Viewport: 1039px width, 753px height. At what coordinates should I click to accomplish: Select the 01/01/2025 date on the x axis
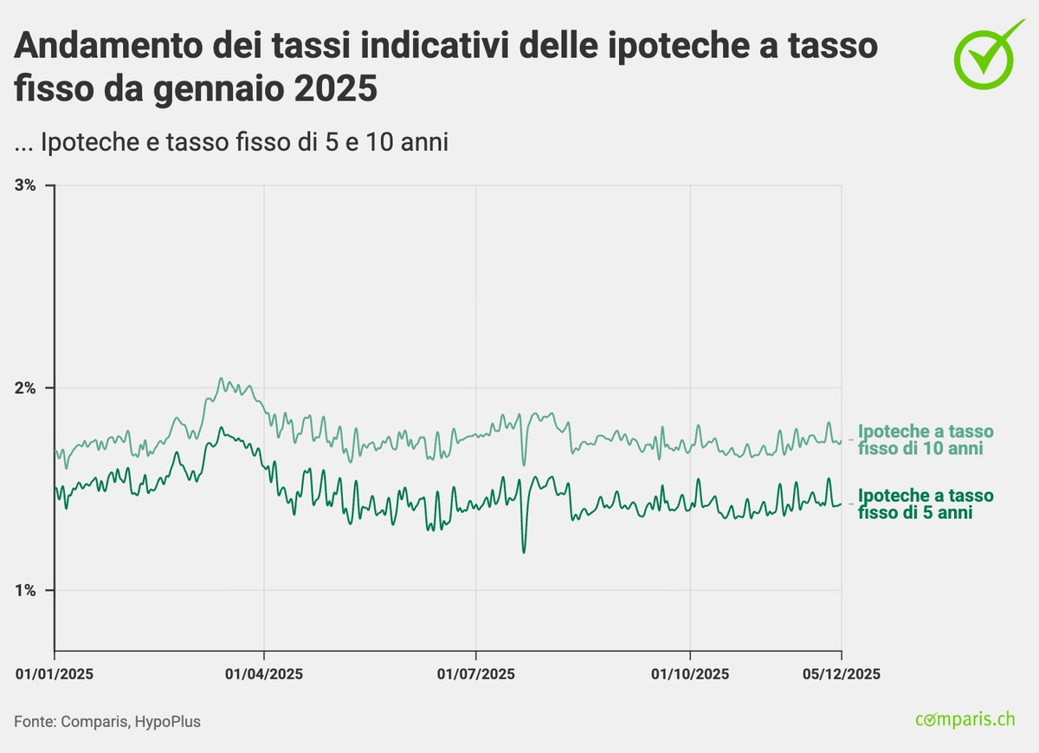pyautogui.click(x=54, y=673)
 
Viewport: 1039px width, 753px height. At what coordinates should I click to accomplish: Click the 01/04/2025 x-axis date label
pyautogui.click(x=264, y=673)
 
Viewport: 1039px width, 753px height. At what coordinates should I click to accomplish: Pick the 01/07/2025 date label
pyautogui.click(x=475, y=673)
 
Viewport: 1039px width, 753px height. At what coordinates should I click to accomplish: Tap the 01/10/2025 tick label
pyautogui.click(x=689, y=673)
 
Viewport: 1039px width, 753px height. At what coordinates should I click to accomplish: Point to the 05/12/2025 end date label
pyautogui.click(x=842, y=673)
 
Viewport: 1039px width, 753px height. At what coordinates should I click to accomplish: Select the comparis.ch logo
pyautogui.click(x=965, y=718)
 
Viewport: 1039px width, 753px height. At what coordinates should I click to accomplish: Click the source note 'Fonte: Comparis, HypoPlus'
pyautogui.click(x=107, y=720)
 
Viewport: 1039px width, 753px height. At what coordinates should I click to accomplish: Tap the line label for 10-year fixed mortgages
pyautogui.click(x=925, y=439)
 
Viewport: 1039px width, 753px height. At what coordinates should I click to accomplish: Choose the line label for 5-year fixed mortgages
pyautogui.click(x=925, y=503)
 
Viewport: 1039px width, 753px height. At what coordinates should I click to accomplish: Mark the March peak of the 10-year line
pyautogui.click(x=221, y=378)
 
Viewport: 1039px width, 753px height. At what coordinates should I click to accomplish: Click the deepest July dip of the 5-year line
pyautogui.click(x=524, y=552)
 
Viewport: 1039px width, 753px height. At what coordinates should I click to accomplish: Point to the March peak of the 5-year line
pyautogui.click(x=221, y=427)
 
